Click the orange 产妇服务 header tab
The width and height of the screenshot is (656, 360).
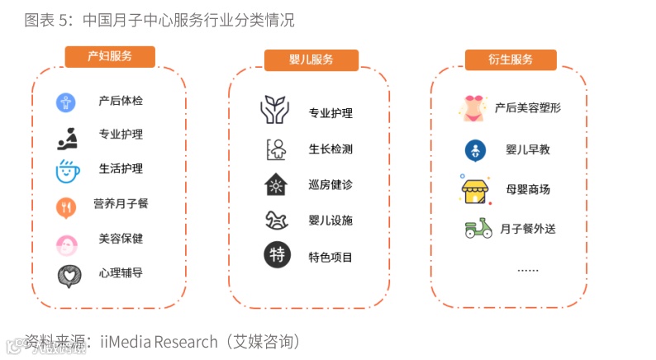coord(110,56)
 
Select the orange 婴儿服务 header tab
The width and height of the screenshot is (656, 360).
coord(311,59)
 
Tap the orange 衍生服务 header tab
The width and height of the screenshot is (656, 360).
coord(510,59)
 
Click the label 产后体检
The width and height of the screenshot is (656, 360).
coord(121,101)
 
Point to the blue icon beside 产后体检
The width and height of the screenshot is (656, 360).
coord(66,102)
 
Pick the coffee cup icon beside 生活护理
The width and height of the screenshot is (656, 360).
coord(67,170)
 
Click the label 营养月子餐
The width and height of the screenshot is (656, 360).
coord(121,203)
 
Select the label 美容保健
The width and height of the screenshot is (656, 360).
coord(121,239)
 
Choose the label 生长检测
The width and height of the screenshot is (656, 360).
coord(330,149)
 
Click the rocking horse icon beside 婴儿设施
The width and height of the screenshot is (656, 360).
coord(276,220)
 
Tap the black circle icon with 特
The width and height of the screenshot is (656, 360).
coord(277,254)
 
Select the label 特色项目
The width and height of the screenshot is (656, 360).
coord(330,257)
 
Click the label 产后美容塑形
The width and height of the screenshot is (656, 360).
coord(528,107)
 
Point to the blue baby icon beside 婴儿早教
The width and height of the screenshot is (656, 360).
coord(475,150)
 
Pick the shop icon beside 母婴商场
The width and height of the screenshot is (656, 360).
coord(477,189)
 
